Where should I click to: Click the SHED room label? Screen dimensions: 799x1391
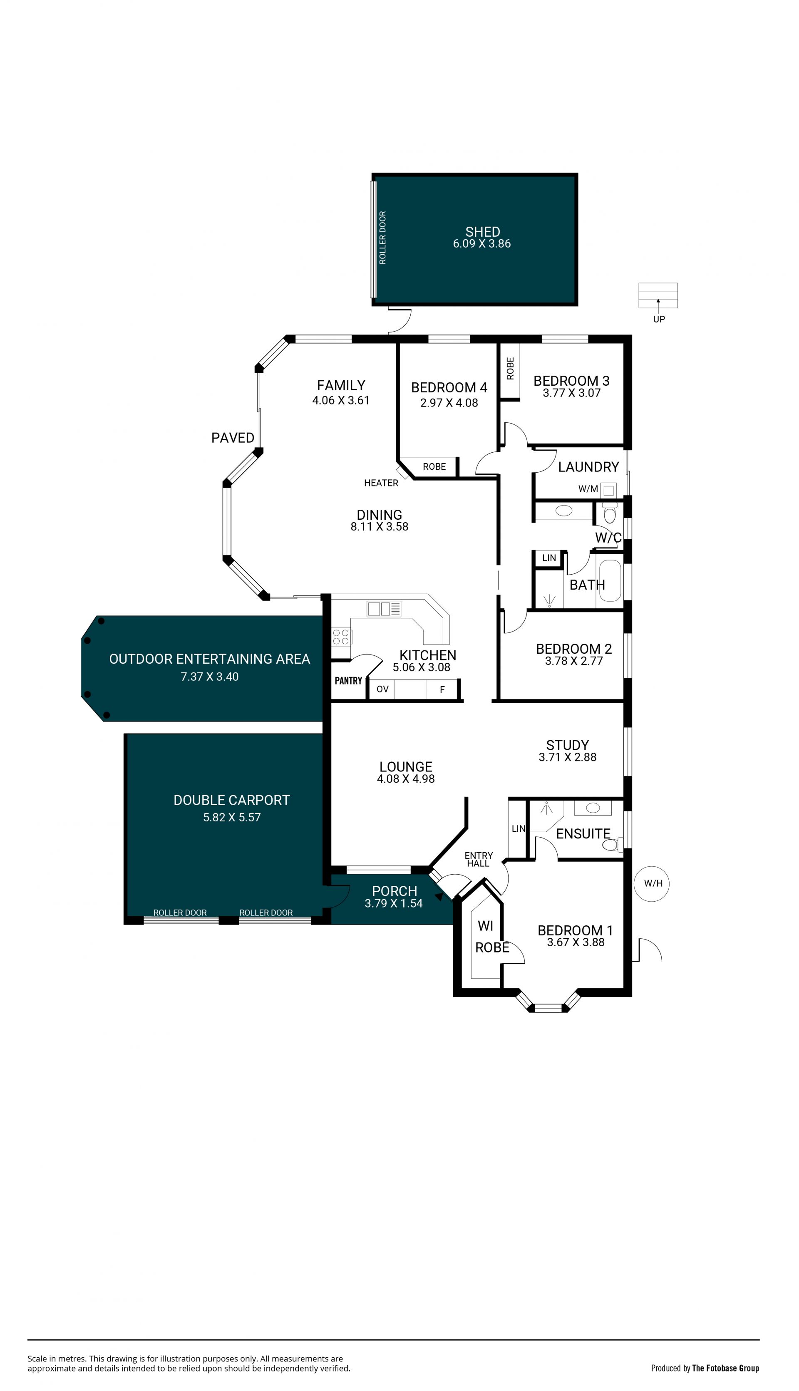(x=482, y=232)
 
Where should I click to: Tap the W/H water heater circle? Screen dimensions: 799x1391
(x=652, y=883)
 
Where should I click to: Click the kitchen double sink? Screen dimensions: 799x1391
(x=384, y=608)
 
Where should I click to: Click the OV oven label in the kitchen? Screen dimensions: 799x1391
(x=382, y=689)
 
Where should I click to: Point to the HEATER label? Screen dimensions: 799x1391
(x=381, y=483)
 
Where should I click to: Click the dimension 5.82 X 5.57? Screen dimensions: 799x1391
(x=231, y=817)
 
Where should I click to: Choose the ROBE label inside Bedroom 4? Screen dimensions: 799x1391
(x=434, y=466)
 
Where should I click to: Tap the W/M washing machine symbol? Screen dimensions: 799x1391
(x=608, y=490)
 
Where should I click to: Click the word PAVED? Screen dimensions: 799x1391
(x=233, y=437)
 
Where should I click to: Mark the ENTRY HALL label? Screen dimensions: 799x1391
(x=479, y=859)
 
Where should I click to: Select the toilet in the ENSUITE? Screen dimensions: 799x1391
(x=613, y=845)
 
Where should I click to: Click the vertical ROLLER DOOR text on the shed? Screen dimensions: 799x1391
(x=382, y=238)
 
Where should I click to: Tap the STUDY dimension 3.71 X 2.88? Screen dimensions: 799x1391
(x=568, y=757)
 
